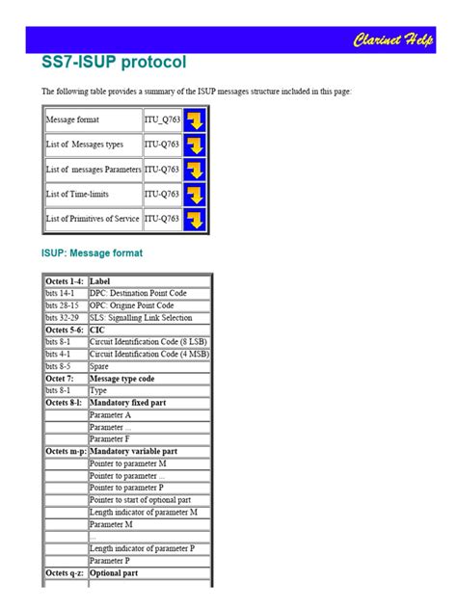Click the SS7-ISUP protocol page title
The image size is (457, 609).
pos(114,63)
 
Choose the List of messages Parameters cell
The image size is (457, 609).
pos(93,170)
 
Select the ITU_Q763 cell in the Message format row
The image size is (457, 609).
pos(162,120)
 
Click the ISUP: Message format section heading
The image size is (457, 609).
pos(92,253)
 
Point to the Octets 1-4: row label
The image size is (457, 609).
pos(65,281)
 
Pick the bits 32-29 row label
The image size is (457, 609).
pos(65,317)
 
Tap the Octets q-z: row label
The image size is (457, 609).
pos(65,572)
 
